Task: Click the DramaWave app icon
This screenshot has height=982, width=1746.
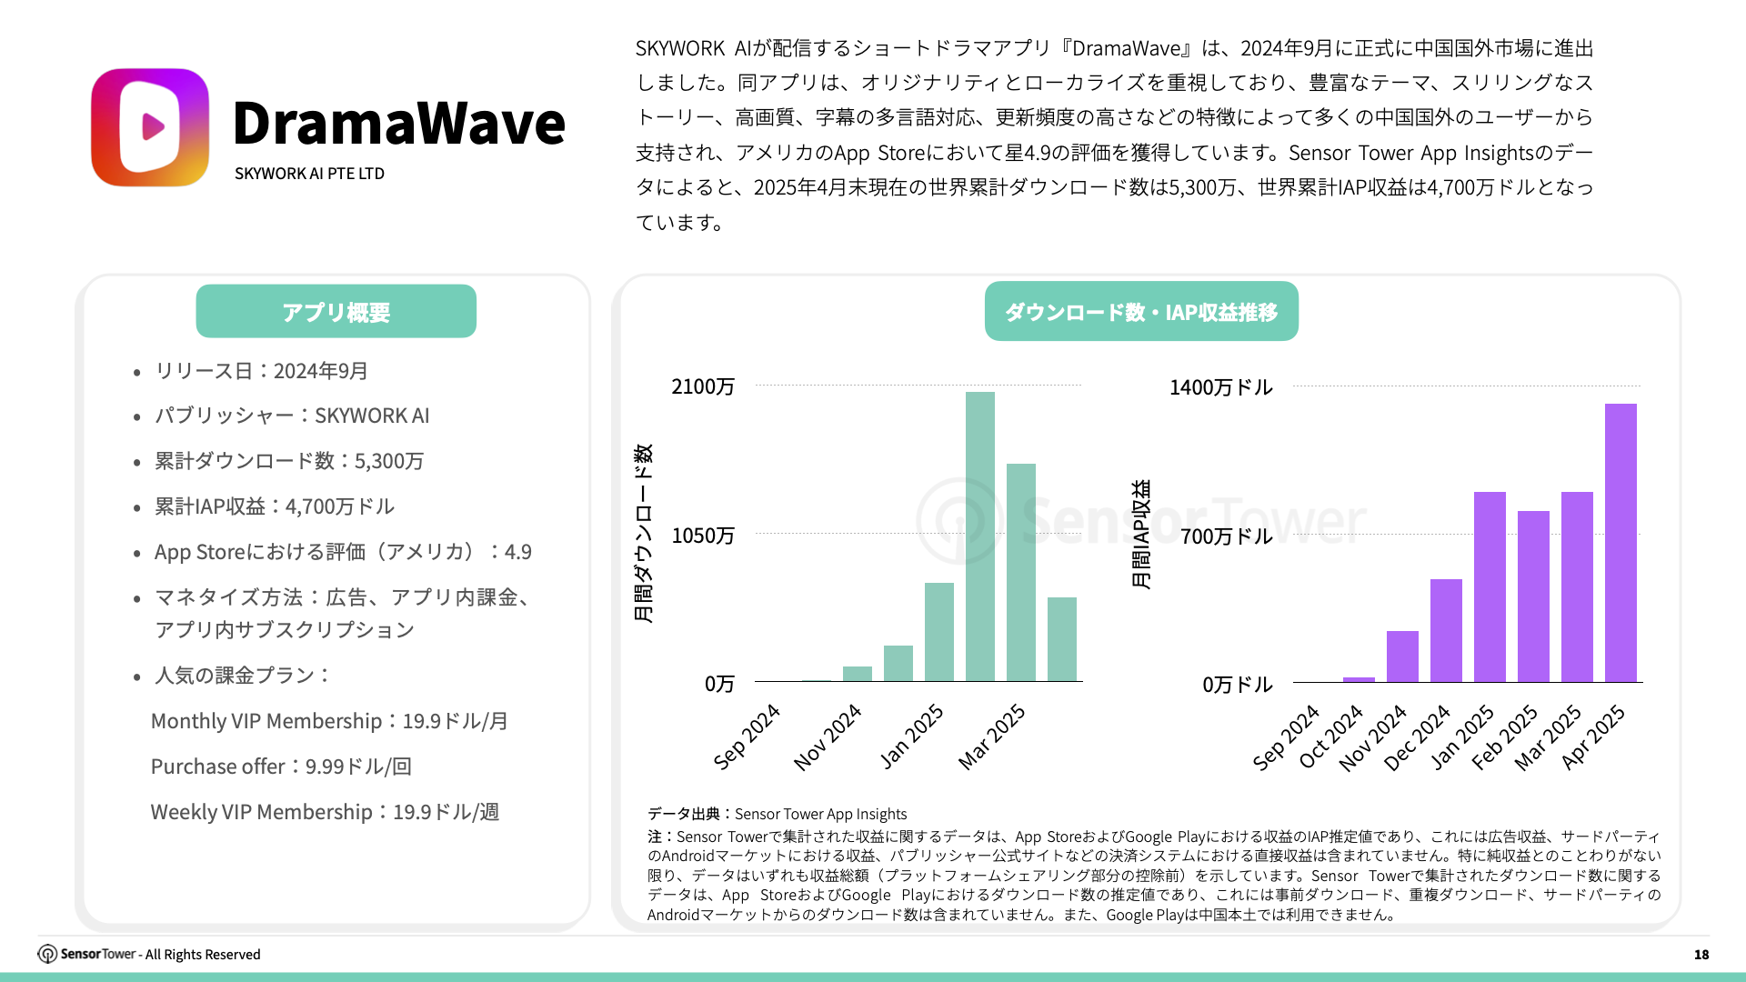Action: [150, 127]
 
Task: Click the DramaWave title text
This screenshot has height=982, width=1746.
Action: [398, 123]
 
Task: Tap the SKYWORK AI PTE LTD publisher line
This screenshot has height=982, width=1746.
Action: [309, 174]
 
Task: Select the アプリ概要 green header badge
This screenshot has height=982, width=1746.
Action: [336, 312]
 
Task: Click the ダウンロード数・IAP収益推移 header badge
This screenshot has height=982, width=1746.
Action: [1140, 312]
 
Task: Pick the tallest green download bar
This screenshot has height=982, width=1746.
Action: [979, 536]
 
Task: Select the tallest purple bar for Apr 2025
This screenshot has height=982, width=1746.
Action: [1620, 543]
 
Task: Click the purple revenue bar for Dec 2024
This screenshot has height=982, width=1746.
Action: [1445, 630]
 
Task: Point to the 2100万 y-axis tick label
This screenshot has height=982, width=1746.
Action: [703, 387]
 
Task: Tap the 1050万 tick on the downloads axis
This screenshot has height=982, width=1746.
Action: [703, 536]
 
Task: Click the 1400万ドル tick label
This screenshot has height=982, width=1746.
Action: [1220, 388]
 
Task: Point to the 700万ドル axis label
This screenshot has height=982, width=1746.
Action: [1226, 536]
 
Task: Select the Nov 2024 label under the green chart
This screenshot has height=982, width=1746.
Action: [828, 737]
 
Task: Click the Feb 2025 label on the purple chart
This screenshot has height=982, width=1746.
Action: [1505, 737]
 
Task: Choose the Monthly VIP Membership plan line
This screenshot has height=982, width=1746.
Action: [329, 721]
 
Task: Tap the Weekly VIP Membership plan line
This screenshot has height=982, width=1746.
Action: [325, 812]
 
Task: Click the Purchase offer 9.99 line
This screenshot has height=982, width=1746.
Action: [281, 767]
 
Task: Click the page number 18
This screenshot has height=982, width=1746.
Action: [1701, 955]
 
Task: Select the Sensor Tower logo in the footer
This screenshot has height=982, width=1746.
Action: [87, 954]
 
